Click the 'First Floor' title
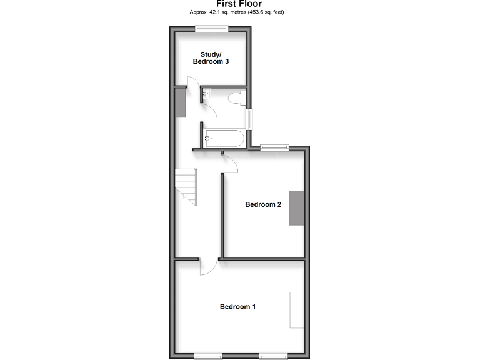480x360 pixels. [239, 4]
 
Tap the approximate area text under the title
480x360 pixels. [239, 12]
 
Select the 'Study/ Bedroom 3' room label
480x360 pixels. [210, 57]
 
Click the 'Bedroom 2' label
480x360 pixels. [263, 204]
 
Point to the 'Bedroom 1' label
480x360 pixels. [237, 307]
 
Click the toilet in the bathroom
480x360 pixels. [234, 99]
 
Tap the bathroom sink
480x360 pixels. [207, 94]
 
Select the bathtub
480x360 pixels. [224, 138]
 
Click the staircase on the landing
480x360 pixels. [186, 186]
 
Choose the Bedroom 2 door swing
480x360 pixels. [230, 164]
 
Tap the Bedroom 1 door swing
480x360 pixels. [208, 267]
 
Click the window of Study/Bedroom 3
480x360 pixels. [211, 27]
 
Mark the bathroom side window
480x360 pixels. [249, 119]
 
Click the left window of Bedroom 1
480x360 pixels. [208, 356]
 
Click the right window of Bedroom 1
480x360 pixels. [274, 356]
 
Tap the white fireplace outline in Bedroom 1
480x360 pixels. [297, 310]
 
